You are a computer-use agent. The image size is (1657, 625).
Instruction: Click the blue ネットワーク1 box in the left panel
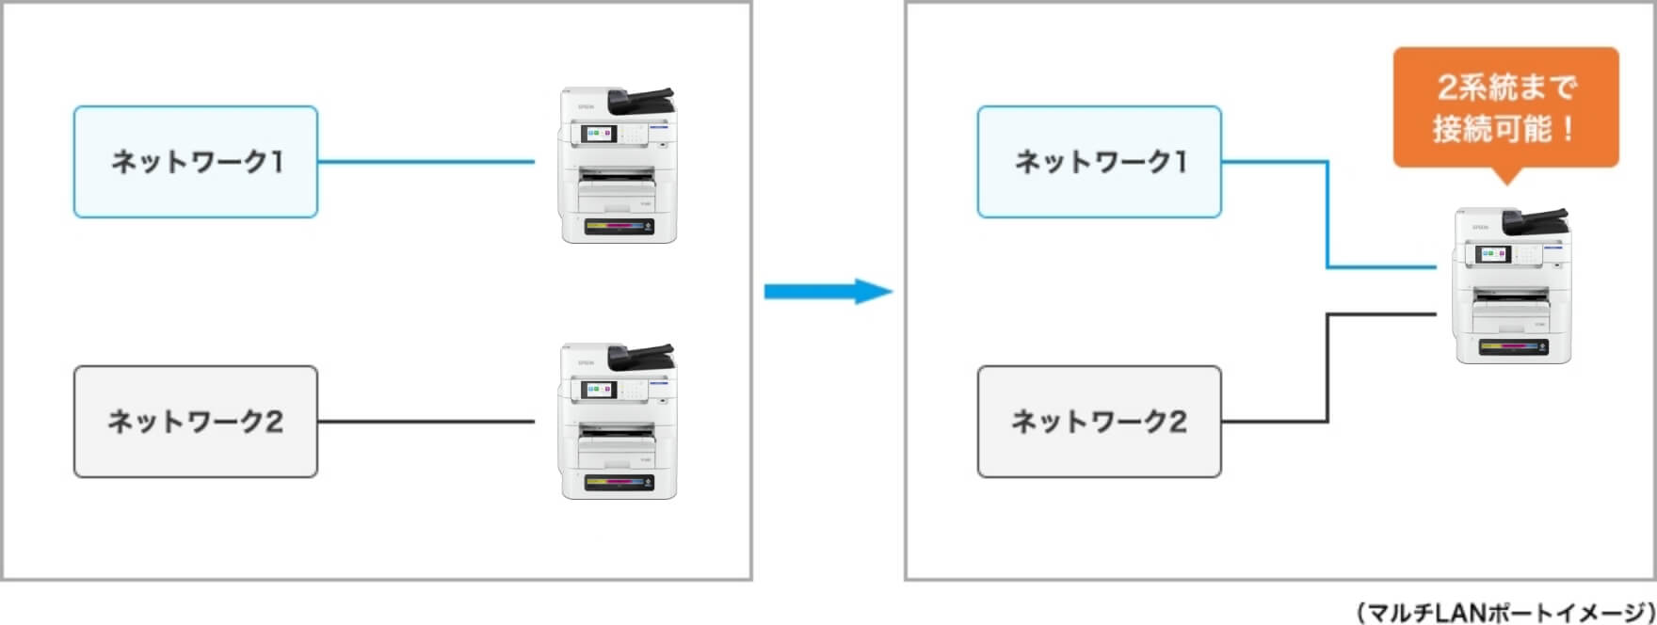[196, 162]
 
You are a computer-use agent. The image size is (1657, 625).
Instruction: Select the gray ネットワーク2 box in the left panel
[196, 422]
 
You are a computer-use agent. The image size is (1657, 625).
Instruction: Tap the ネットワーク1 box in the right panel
[1100, 162]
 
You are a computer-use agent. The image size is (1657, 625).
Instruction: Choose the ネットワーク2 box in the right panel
[1100, 422]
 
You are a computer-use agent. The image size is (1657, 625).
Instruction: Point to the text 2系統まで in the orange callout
[1505, 88]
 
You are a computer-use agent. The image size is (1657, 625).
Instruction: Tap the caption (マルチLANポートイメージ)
[1505, 612]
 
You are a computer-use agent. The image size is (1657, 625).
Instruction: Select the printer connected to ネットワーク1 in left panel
[618, 166]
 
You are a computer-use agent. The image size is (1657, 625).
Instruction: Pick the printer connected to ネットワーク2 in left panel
[618, 421]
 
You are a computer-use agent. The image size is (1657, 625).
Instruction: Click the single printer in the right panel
[1512, 286]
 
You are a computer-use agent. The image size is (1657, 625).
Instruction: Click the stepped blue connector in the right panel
[1327, 216]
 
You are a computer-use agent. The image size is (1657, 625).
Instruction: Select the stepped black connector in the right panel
[1327, 367]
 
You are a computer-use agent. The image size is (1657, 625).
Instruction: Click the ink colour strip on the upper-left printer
[618, 226]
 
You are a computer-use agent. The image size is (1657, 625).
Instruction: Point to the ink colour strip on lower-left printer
[618, 482]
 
